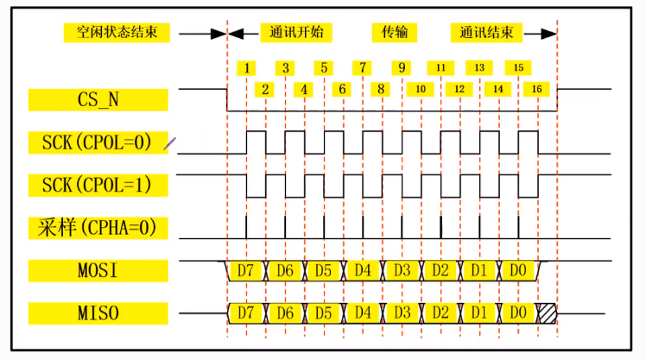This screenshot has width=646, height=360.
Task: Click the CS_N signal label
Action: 98,98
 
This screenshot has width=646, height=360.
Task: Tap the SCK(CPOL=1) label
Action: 98,185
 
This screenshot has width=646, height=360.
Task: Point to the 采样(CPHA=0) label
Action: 98,228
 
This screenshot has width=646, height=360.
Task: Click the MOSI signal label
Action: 98,270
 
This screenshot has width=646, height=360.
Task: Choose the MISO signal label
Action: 98,311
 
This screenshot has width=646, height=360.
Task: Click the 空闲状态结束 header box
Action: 117,34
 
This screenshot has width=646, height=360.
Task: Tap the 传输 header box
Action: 395,34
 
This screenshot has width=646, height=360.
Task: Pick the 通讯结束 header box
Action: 486,34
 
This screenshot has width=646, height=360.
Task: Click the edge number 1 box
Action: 248,67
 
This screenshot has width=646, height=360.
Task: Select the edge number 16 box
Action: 536,88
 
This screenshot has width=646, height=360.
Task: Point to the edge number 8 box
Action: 380,88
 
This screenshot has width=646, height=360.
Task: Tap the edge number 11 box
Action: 440,67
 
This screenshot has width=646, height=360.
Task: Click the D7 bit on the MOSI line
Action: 246,271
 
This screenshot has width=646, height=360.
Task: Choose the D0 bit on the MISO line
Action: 517,311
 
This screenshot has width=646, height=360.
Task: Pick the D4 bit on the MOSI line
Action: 363,271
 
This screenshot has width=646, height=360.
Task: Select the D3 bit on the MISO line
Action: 402,311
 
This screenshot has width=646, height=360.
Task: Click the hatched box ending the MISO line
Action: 548,311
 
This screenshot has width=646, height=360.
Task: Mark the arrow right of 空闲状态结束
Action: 204,35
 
